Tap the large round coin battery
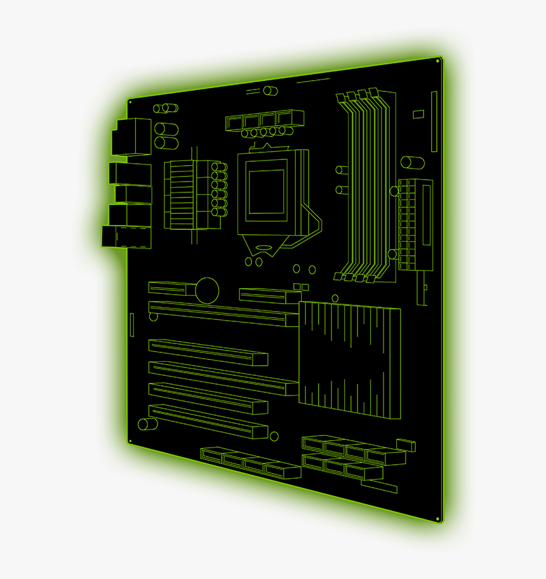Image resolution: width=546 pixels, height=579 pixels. pyautogui.click(x=206, y=289)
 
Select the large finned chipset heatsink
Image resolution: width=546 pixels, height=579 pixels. pyautogui.click(x=350, y=359)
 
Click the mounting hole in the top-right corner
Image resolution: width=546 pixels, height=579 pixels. pyautogui.click(x=439, y=60)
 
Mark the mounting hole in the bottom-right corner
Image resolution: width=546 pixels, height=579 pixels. pyautogui.click(x=439, y=519)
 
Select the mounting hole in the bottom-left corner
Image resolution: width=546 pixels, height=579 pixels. pyautogui.click(x=130, y=440)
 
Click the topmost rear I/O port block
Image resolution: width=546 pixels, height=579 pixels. pyautogui.click(x=131, y=136)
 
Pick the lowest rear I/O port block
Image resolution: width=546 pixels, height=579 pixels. pyautogui.click(x=126, y=236)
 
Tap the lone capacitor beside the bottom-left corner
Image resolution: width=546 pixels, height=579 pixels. pyautogui.click(x=147, y=423)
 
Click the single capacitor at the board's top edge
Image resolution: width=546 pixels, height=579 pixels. pyautogui.click(x=271, y=91)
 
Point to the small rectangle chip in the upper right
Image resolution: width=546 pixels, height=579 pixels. pyautogui.click(x=418, y=114)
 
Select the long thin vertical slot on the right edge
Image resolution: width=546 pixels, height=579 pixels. pyautogui.click(x=434, y=121)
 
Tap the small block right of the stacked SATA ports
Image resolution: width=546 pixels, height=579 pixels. pyautogui.click(x=405, y=445)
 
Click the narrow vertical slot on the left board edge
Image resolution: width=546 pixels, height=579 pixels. pyautogui.click(x=132, y=324)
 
